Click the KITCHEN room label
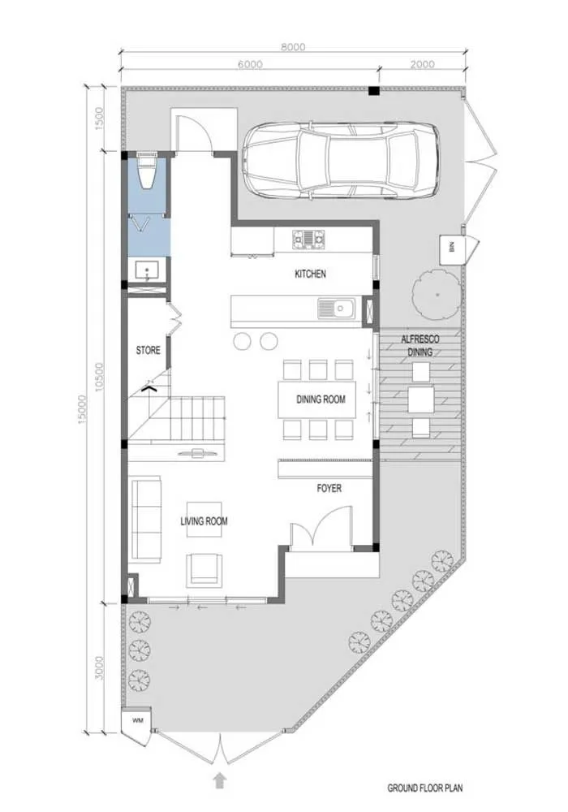[311, 274]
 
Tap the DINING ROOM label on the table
[321, 400]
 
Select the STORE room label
[148, 351]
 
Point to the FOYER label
[329, 488]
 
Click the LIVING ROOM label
[204, 521]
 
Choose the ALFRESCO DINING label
[420, 346]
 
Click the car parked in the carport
[342, 161]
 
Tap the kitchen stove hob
[309, 240]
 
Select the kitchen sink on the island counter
[336, 309]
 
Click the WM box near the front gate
[137, 720]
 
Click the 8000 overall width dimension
[293, 47]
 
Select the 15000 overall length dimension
[82, 409]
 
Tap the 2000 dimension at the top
[422, 64]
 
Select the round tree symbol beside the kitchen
[437, 295]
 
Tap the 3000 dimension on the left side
[100, 668]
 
